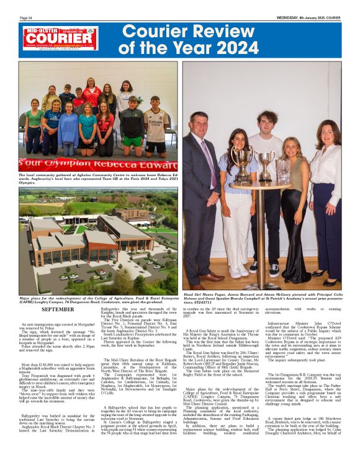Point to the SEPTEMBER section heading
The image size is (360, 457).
(58, 308)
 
